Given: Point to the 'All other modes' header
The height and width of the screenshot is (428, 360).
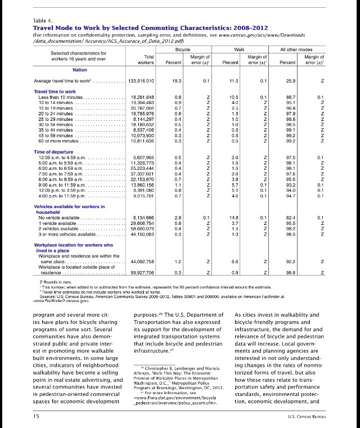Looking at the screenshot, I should point(299,50).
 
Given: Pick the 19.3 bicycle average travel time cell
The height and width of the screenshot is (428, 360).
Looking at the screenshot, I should point(175,82).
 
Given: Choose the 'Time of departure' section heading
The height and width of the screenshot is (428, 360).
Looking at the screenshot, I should point(53,152).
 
